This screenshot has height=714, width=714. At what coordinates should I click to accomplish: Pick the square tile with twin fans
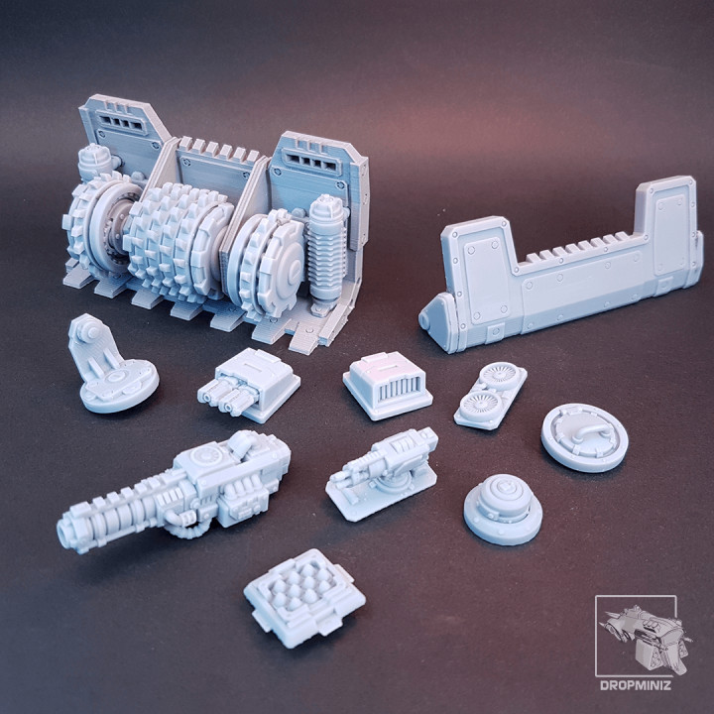pos(491,395)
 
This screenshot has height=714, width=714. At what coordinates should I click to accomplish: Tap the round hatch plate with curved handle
pos(585,436)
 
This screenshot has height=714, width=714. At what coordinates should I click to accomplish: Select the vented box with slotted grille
pos(388,383)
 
